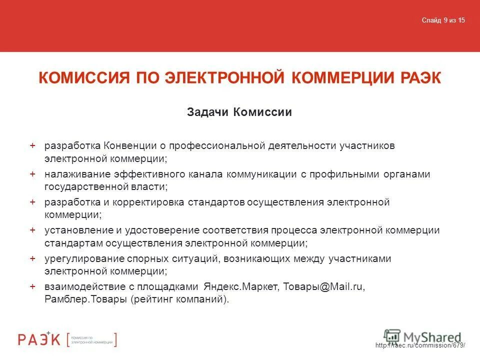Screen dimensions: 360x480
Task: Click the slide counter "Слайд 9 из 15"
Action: point(443,20)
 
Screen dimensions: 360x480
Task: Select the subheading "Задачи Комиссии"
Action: point(239,112)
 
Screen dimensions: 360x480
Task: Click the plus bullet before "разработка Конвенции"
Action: point(32,145)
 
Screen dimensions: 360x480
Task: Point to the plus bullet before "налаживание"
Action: point(32,173)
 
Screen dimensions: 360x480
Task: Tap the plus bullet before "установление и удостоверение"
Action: point(32,230)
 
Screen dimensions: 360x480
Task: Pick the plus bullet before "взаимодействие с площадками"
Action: point(32,286)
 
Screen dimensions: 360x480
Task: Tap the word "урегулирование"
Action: point(80,258)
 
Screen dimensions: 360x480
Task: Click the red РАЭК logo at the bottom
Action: point(40,339)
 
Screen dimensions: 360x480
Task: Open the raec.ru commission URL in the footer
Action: point(419,346)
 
